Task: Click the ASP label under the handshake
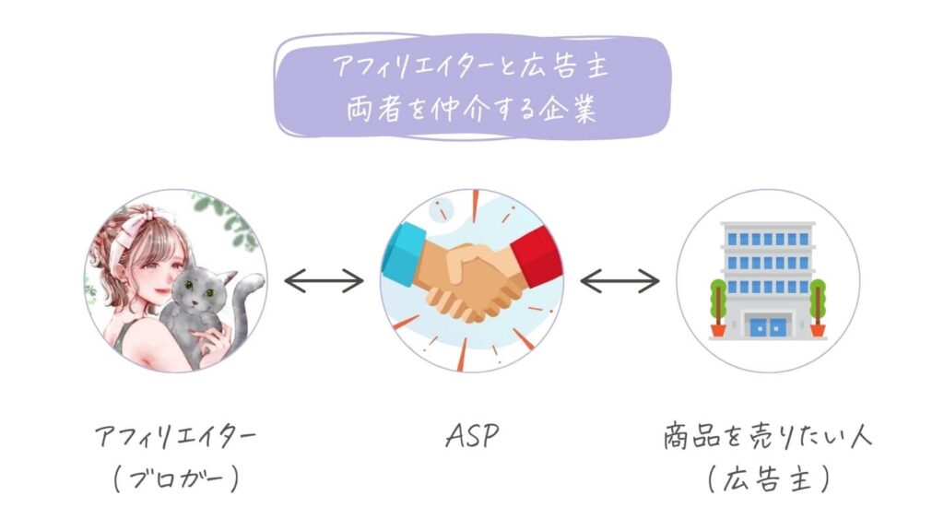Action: (472, 435)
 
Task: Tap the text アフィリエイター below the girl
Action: (176, 436)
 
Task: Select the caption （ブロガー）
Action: (176, 479)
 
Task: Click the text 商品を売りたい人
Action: (768, 436)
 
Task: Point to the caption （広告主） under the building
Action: (768, 479)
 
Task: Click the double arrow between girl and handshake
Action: (324, 280)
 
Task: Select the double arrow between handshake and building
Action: (619, 280)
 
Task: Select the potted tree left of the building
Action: (717, 308)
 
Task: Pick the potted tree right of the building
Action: (817, 308)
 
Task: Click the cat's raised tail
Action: (243, 307)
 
